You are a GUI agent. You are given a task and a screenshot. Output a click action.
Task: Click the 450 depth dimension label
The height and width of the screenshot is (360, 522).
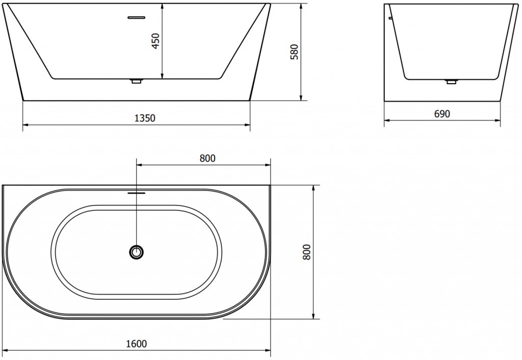tap(155, 41)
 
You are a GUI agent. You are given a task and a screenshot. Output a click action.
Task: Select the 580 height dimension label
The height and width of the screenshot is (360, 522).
tap(294, 51)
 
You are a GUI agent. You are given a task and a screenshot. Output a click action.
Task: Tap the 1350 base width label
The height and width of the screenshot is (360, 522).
tap(144, 118)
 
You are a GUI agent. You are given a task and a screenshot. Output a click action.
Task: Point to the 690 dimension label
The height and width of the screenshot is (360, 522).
tap(442, 114)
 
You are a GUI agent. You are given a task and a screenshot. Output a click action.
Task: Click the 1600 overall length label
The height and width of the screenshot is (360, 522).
tap(137, 345)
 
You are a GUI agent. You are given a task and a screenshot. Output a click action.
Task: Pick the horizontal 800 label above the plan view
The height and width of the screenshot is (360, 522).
tap(207, 158)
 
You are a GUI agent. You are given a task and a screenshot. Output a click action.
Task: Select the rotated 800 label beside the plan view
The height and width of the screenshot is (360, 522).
tap(306, 251)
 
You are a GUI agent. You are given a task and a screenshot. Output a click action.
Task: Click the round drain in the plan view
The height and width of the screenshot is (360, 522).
tap(137, 251)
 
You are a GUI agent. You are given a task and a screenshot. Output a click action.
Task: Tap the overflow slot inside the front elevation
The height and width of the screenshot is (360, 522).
tap(137, 17)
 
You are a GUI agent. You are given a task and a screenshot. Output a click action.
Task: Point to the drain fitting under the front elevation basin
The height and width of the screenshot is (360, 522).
tap(137, 81)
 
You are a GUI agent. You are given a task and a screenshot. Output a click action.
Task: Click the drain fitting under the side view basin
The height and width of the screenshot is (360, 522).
tap(451, 81)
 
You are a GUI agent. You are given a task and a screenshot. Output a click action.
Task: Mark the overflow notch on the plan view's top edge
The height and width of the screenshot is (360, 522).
tap(137, 193)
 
